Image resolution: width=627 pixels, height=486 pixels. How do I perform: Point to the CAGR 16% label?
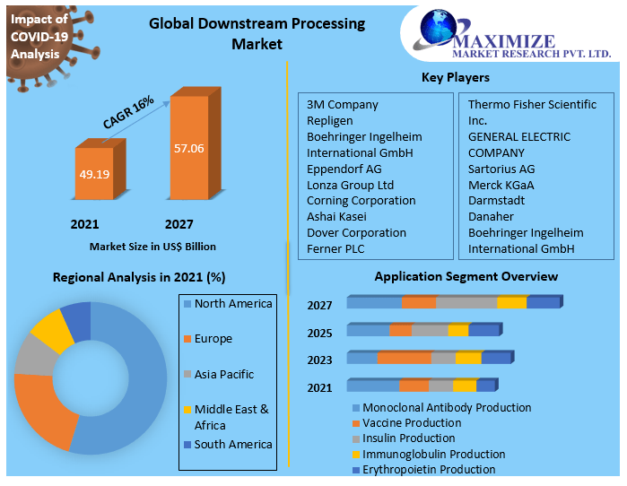(128, 112)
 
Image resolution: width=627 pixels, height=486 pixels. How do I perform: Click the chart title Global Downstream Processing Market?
(257, 33)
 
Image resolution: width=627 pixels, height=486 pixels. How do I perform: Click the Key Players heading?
(455, 78)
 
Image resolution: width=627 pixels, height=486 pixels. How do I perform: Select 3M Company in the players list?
(342, 105)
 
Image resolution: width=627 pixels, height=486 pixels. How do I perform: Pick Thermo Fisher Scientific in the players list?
(531, 105)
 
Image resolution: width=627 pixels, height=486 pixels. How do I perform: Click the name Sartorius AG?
(501, 169)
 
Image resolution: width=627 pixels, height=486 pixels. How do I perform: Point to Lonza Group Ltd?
(350, 185)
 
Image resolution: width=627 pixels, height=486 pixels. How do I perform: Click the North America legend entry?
(232, 304)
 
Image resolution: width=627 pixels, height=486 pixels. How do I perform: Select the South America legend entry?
(232, 445)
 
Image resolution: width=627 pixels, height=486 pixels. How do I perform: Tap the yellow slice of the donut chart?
(52, 330)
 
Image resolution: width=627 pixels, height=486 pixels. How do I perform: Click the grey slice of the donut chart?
(33, 356)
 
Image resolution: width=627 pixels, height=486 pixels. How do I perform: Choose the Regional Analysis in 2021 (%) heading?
(139, 277)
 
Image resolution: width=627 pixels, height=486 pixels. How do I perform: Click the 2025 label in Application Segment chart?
(319, 334)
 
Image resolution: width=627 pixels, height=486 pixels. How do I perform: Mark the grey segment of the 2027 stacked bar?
(466, 302)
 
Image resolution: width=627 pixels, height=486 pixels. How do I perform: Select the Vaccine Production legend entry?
(412, 422)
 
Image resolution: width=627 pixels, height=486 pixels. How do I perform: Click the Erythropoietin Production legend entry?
(428, 469)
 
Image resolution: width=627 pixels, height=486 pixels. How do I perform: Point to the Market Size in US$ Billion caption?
(152, 246)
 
